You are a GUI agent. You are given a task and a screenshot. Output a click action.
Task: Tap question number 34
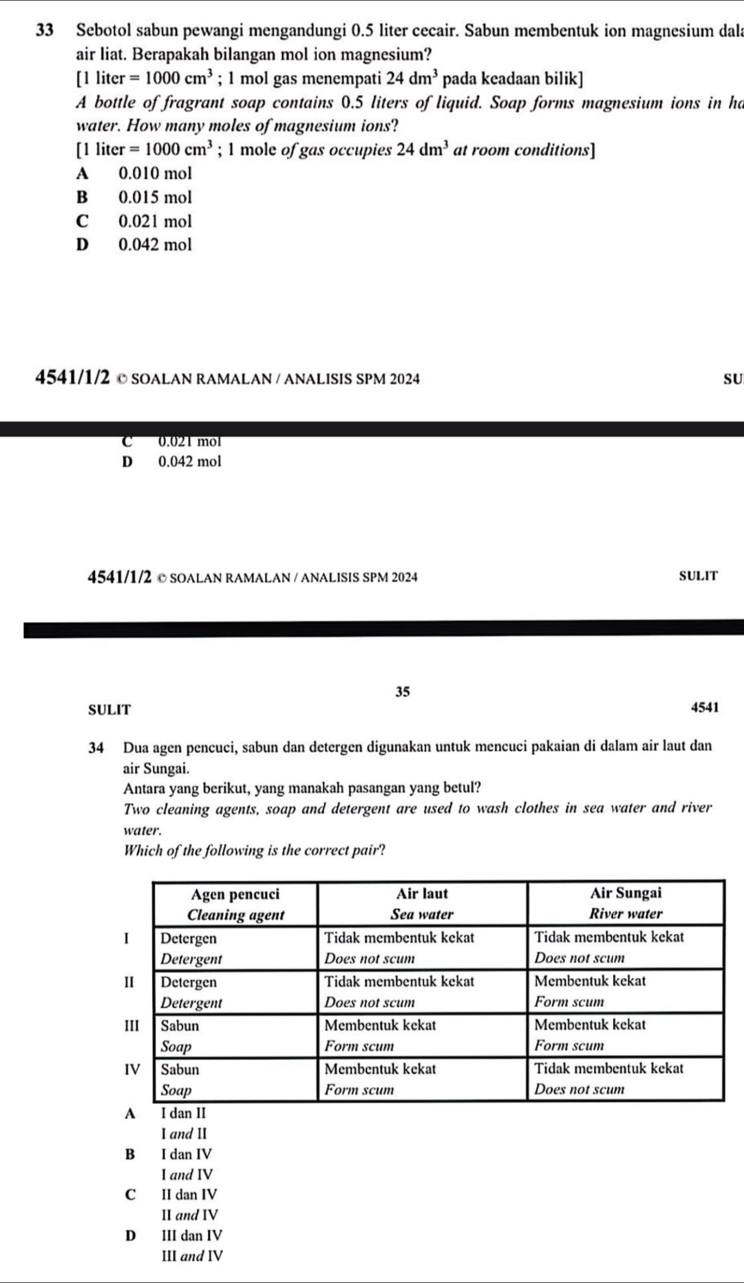coord(97,747)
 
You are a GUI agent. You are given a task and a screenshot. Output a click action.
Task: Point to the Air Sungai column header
coord(626,904)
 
